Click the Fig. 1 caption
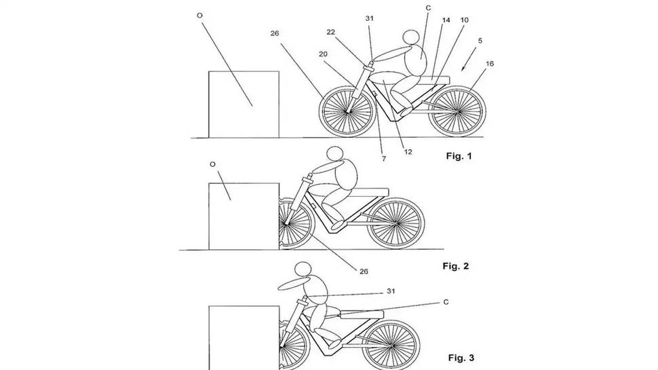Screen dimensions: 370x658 coord(458,157)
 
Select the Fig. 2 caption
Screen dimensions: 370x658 coord(455,266)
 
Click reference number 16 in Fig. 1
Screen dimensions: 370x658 coord(489,63)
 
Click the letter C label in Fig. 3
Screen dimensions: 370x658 coord(446,301)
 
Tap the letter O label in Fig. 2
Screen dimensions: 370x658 coord(213,164)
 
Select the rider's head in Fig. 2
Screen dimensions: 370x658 coord(334,155)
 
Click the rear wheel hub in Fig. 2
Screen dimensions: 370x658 coord(395,222)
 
